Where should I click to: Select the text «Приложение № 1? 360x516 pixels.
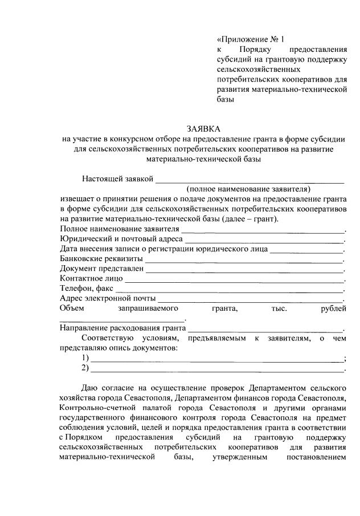250,39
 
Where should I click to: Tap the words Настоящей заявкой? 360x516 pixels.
117,179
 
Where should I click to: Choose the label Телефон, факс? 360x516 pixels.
86,289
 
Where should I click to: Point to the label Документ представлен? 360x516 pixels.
101,269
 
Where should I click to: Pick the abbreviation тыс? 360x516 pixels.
280,308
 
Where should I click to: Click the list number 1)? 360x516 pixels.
85,358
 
